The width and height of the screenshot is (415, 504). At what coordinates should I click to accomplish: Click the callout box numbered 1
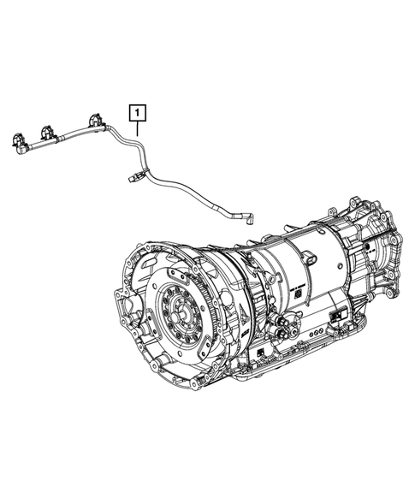tap(136, 111)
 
